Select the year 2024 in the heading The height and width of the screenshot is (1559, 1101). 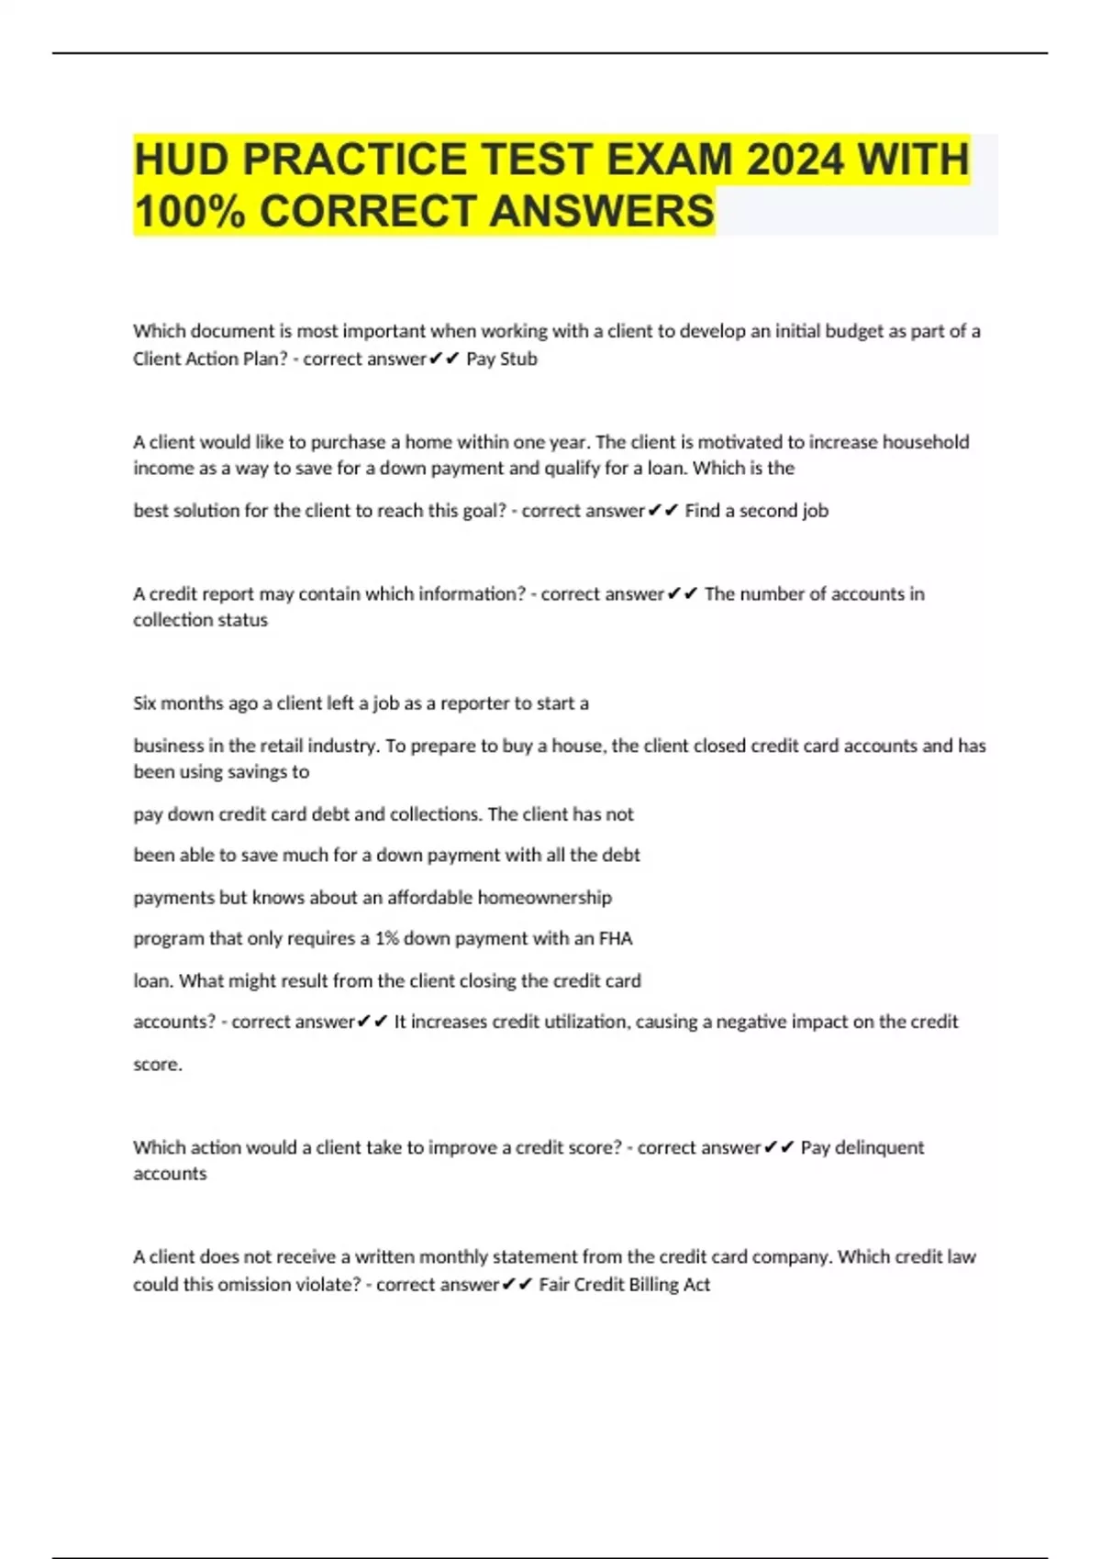tap(794, 160)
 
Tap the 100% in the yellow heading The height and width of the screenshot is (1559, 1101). tap(189, 211)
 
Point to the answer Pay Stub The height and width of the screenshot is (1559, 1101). tap(502, 359)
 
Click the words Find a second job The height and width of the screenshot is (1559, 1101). tap(756, 511)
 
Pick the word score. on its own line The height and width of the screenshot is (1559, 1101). tap(158, 1065)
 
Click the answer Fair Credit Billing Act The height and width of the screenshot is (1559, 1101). tap(624, 1285)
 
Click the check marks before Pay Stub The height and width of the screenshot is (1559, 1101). tap(444, 359)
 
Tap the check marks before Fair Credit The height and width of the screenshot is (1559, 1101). tap(517, 1285)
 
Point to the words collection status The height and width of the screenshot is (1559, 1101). tap(200, 620)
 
